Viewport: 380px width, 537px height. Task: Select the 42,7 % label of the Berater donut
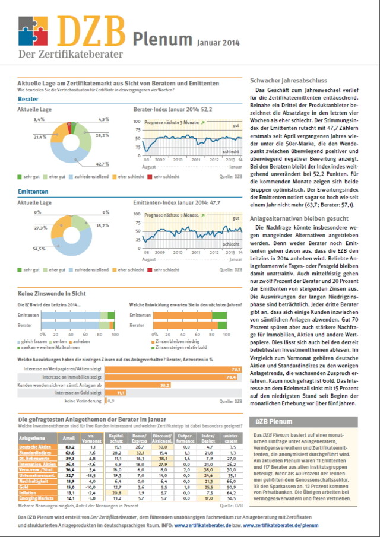pyautogui.click(x=103, y=164)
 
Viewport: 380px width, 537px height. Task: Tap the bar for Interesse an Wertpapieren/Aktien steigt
pyautogui.click(x=173, y=368)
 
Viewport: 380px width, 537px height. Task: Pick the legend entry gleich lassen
pyautogui.click(x=34, y=342)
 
